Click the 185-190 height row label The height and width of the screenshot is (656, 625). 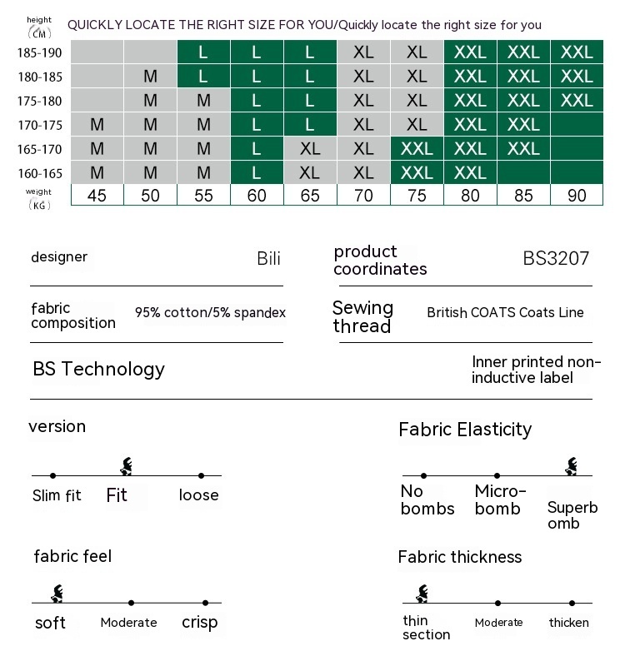pyautogui.click(x=39, y=52)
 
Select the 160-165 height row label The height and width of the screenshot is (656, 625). pyautogui.click(x=39, y=173)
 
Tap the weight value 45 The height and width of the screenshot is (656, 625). pyautogui.click(x=97, y=196)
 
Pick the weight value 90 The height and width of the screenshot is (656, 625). pyautogui.click(x=577, y=196)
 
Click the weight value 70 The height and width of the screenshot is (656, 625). pyautogui.click(x=363, y=196)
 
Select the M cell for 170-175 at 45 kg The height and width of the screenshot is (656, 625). pyautogui.click(x=97, y=125)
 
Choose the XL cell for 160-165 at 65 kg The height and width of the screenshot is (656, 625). pyautogui.click(x=310, y=173)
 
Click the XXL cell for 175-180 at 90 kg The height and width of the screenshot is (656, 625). pyautogui.click(x=577, y=101)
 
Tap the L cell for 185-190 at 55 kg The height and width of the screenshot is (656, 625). pyautogui.click(x=203, y=52)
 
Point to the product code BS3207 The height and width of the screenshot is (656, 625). pyautogui.click(x=556, y=258)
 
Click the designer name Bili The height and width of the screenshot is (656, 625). pyautogui.click(x=268, y=258)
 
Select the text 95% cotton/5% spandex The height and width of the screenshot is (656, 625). pyautogui.click(x=210, y=313)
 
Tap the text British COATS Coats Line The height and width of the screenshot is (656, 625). pyautogui.click(x=505, y=313)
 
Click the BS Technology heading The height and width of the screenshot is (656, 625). pyautogui.click(x=98, y=369)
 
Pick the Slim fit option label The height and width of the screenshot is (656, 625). pyautogui.click(x=57, y=495)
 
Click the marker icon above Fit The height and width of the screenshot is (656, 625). pyautogui.click(x=127, y=466)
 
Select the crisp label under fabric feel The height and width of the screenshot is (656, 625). pyautogui.click(x=199, y=622)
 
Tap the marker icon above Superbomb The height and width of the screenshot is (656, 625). pyautogui.click(x=572, y=466)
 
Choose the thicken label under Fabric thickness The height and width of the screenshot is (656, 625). pyautogui.click(x=569, y=622)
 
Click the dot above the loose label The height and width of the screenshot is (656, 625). pyautogui.click(x=202, y=475)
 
